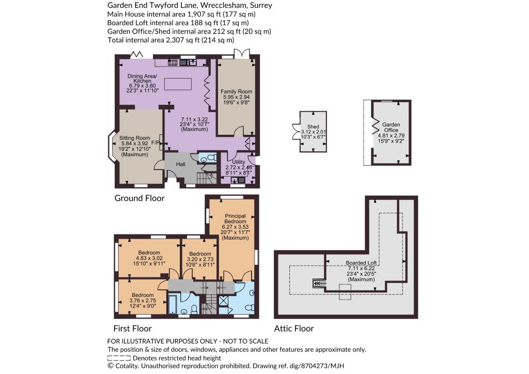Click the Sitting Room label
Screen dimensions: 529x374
(135, 138)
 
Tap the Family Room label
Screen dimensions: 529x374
(236, 91)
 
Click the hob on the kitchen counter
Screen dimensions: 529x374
(173, 62)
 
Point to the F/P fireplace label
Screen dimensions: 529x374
(155, 143)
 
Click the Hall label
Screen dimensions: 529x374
(180, 164)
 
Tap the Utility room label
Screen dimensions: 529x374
(239, 162)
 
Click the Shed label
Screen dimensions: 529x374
(313, 127)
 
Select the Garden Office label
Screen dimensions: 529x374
(391, 127)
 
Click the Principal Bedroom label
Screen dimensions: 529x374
(235, 219)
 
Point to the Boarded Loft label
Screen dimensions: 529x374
(361, 263)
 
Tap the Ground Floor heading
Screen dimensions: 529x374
(139, 198)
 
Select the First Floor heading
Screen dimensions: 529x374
(132, 328)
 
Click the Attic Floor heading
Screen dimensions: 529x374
(294, 328)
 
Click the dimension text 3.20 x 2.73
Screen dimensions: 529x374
(200, 259)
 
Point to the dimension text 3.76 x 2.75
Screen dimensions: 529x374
(143, 301)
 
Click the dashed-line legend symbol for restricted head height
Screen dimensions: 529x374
(119, 358)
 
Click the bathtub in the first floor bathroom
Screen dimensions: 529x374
(173, 305)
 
